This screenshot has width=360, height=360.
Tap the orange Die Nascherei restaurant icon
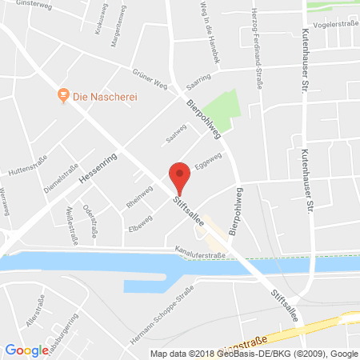62,96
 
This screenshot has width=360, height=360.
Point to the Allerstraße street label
33,314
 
